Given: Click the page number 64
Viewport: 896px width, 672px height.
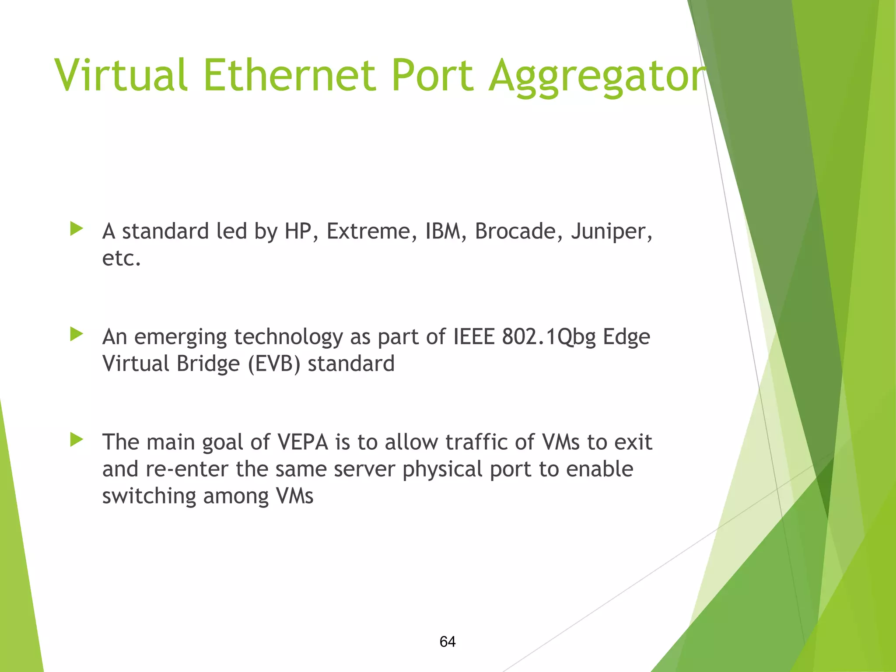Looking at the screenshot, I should [448, 641].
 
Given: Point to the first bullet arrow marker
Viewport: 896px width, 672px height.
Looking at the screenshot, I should [77, 228].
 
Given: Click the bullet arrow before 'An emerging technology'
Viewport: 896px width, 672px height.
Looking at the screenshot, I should [77, 334].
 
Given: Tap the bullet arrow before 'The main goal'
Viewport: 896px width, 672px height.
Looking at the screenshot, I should [77, 440].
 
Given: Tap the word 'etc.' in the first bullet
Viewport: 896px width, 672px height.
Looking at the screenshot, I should [121, 258].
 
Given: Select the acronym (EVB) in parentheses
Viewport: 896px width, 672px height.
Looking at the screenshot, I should [274, 364].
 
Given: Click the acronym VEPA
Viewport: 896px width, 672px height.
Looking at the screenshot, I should [303, 442].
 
